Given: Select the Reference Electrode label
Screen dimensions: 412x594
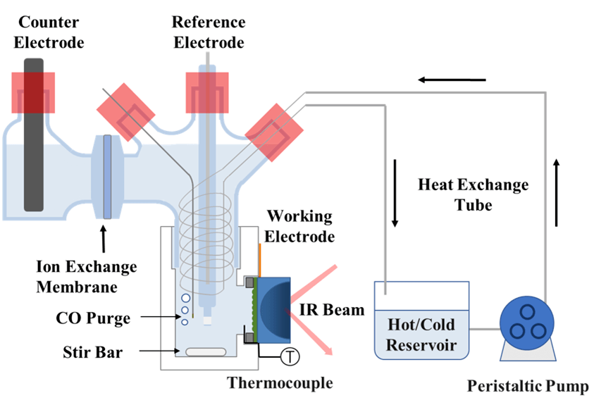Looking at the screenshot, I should click(x=209, y=32).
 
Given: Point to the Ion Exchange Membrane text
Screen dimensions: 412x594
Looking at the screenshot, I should click(x=86, y=276).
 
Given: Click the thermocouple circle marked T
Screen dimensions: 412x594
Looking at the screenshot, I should click(x=289, y=357).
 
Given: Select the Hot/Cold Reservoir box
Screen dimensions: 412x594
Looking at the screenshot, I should click(x=421, y=326).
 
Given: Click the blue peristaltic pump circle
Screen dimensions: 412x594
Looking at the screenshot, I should click(x=526, y=322).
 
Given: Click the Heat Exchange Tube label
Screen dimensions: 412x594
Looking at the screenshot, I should click(x=473, y=195).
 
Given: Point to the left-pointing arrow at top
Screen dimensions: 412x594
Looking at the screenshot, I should click(x=452, y=79).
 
